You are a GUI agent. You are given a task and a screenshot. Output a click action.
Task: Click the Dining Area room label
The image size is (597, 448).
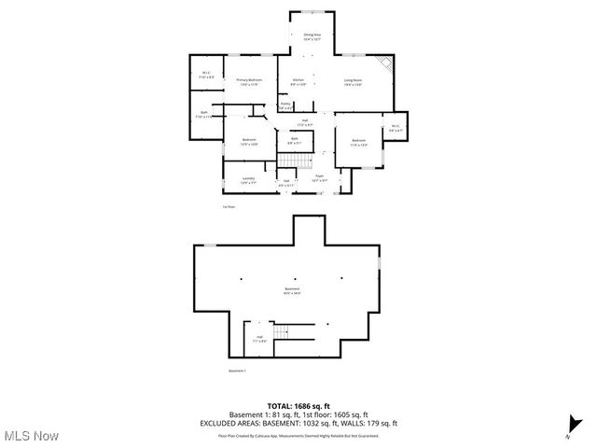coord(312,37)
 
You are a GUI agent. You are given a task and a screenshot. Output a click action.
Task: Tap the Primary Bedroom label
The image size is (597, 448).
coord(246,82)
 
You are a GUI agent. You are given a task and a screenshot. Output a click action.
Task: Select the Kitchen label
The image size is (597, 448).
coord(298,82)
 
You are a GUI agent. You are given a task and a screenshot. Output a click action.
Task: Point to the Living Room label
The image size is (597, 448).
coord(352,82)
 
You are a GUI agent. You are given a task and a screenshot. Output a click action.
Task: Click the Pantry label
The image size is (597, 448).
coord(286,105)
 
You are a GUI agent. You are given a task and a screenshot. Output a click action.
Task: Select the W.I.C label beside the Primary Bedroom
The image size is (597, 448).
coord(206,76)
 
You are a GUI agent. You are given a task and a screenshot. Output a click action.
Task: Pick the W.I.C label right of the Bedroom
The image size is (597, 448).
coord(395,129)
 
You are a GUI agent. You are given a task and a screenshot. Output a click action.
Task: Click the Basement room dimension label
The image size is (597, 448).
coord(293,291)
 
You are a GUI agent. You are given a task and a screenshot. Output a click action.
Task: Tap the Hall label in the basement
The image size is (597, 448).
coord(260,340)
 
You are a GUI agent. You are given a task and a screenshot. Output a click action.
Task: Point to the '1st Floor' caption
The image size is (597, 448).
coord(229,206)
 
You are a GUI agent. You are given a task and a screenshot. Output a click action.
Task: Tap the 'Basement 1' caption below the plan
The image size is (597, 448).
coord(237,371)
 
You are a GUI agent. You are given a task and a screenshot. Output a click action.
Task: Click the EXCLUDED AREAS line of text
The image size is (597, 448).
coord(298,423)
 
